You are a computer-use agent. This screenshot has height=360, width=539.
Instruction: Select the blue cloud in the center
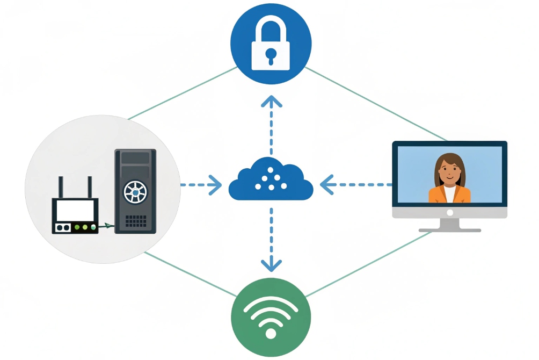tap(271, 181)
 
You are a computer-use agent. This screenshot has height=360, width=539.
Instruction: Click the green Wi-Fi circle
tap(271, 318)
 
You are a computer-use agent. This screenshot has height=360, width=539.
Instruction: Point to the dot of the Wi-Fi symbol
tap(271, 334)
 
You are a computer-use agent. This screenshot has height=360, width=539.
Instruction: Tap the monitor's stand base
tap(449, 229)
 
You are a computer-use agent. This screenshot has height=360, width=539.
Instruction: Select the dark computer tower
tap(135, 191)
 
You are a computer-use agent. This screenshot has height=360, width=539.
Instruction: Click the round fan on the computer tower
tap(135, 192)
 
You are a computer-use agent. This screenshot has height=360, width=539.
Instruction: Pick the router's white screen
tap(75, 210)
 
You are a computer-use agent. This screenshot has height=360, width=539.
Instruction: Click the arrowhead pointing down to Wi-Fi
tap(271, 264)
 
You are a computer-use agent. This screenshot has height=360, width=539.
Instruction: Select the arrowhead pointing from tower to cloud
tap(216, 185)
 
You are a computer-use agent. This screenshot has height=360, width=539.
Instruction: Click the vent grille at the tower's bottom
tap(135, 220)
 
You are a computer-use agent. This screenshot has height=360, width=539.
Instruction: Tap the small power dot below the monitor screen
tap(449, 212)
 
